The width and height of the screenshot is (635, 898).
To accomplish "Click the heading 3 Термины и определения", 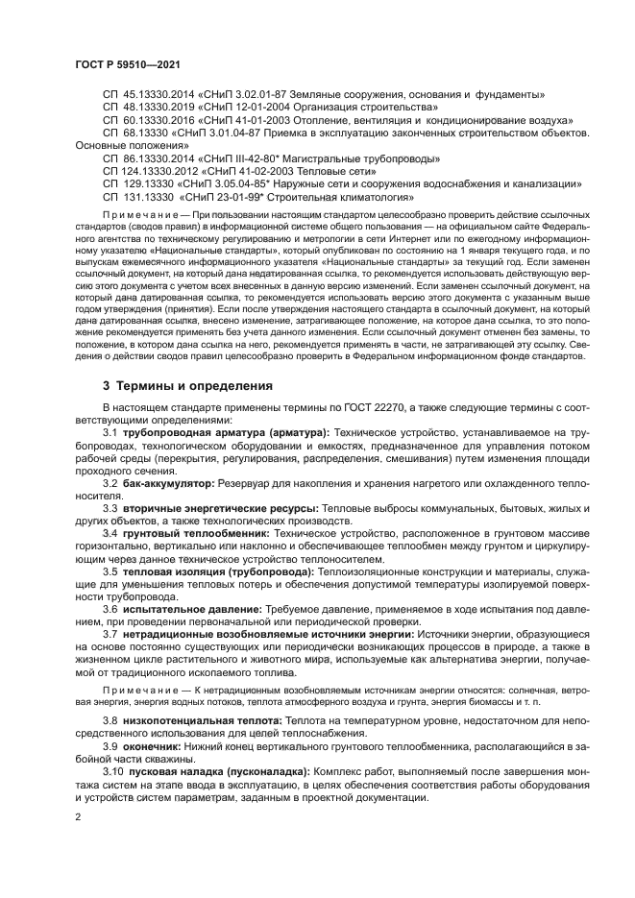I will click(x=187, y=385).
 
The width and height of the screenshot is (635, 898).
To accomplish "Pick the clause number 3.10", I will click(x=113, y=771).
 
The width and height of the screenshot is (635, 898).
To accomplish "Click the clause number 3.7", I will click(x=110, y=635).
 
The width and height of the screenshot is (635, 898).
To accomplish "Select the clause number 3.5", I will click(x=110, y=570).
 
